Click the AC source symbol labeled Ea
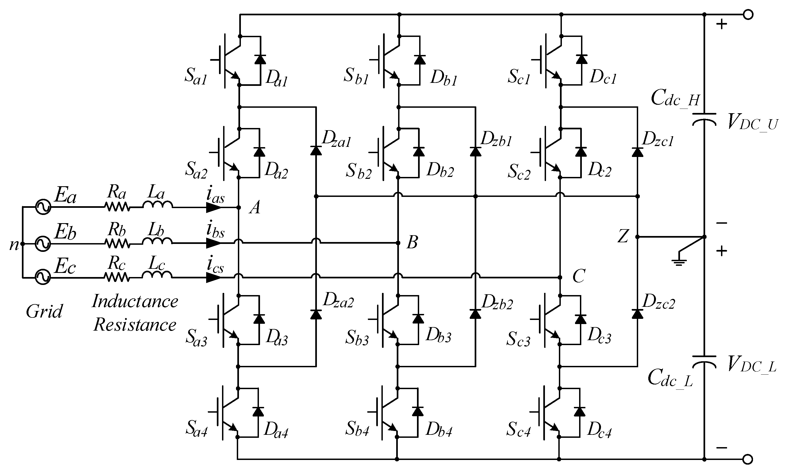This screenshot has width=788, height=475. (43, 207)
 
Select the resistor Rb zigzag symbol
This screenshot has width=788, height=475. (117, 244)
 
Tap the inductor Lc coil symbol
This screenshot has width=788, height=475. (157, 275)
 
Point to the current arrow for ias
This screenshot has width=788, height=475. (214, 208)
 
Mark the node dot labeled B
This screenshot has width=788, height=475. (398, 243)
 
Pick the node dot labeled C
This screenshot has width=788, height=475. (560, 277)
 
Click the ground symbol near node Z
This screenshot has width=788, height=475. (679, 262)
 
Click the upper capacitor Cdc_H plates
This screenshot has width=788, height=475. (704, 118)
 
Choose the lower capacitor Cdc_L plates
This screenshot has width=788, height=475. (704, 360)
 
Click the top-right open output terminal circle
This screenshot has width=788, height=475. (748, 15)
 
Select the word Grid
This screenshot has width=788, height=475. (44, 311)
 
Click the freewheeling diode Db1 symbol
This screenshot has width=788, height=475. (420, 60)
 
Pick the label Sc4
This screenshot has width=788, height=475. (518, 429)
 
